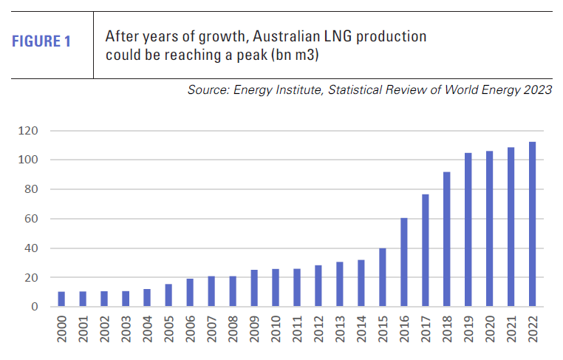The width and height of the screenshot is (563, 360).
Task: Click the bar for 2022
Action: pyautogui.click(x=532, y=224)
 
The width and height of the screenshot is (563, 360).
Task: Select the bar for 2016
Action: pyautogui.click(x=403, y=262)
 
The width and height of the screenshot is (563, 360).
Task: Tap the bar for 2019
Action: pyautogui.click(x=468, y=230)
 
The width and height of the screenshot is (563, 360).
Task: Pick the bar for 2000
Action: pyautogui.click(x=61, y=299)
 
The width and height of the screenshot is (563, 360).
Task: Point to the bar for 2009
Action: pyautogui.click(x=254, y=288)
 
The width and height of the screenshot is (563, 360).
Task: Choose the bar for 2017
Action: pyautogui.click(x=425, y=251)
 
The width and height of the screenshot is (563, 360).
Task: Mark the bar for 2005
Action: pyautogui.click(x=168, y=296)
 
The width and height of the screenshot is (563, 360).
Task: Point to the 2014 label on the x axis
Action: pyautogui.click(x=361, y=332)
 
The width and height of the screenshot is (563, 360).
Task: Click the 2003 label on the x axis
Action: pyautogui.click(x=126, y=332)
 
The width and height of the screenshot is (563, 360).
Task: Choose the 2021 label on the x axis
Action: pyautogui.click(x=511, y=332)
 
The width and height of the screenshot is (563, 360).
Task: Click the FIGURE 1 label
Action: pyautogui.click(x=41, y=42)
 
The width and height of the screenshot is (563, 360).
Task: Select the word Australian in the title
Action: pyautogui.click(x=279, y=35)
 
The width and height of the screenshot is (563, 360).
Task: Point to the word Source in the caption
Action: pyautogui.click(x=208, y=90)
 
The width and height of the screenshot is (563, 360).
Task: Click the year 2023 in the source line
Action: pyautogui.click(x=537, y=90)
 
